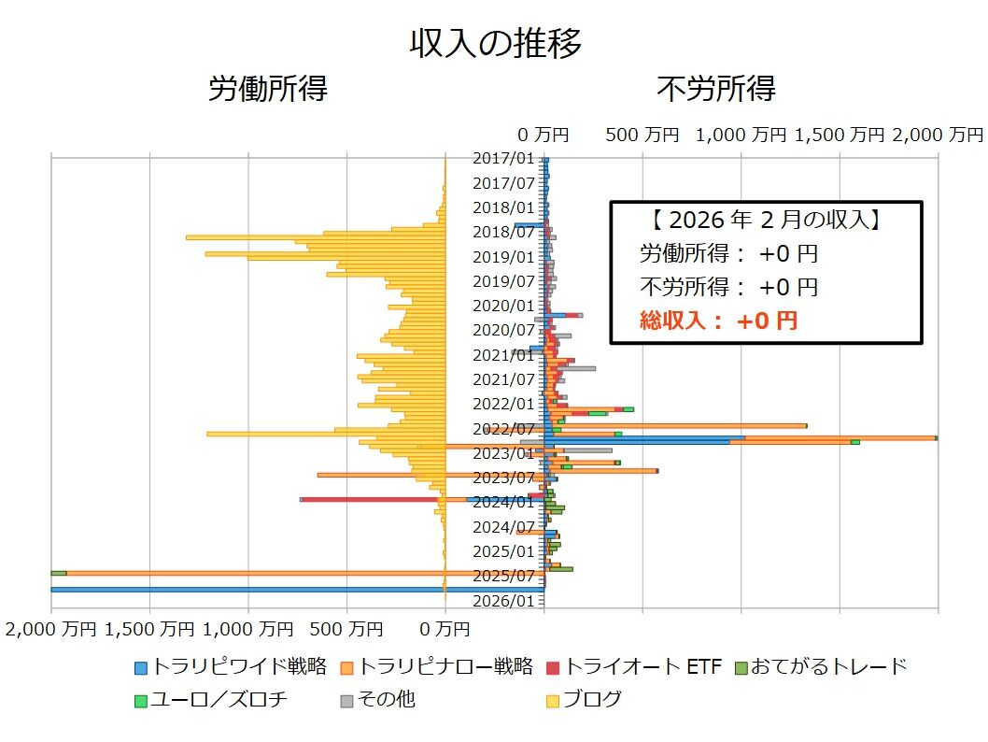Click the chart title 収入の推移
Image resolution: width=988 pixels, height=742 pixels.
tap(495, 43)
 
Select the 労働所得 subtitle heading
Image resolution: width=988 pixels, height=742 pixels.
tap(267, 89)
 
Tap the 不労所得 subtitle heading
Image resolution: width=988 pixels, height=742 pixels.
tap(715, 89)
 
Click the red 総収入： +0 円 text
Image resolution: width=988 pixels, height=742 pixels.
tap(718, 321)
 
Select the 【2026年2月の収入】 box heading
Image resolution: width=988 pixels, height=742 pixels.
tap(766, 221)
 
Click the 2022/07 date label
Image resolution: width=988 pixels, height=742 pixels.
tap(503, 429)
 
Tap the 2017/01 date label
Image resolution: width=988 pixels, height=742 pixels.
tap(503, 159)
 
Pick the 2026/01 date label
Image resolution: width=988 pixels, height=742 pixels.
tap(503, 601)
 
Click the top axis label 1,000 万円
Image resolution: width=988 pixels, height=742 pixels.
tap(741, 135)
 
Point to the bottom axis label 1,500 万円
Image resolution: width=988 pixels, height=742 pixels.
tap(150, 629)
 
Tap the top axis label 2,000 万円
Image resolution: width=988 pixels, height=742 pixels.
tap(937, 135)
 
